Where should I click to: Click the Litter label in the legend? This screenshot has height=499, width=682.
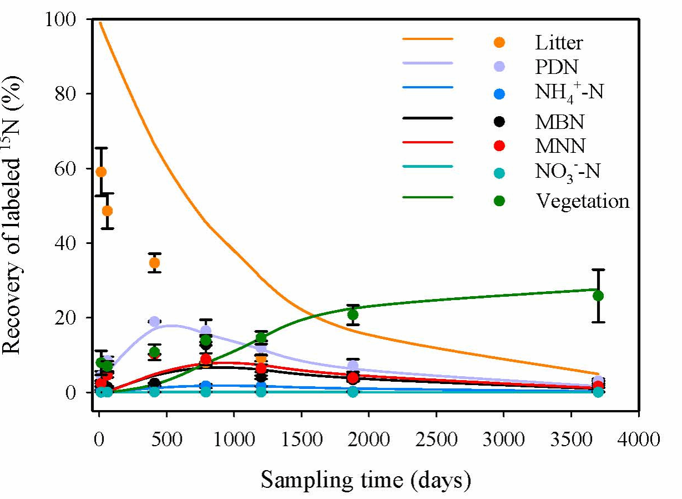(x=559, y=42)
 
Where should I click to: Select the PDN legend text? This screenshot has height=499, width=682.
(x=557, y=67)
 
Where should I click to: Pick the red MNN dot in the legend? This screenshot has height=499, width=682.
(x=499, y=146)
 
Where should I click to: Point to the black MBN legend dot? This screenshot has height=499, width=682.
(x=499, y=120)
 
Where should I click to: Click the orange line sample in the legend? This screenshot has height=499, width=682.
(x=428, y=39)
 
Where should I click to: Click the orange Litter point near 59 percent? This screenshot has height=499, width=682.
(x=101, y=172)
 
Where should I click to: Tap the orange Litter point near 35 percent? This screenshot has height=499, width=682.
(x=154, y=262)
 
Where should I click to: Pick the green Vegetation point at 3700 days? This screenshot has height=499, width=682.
(x=598, y=296)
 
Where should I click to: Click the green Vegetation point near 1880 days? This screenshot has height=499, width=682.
(x=353, y=315)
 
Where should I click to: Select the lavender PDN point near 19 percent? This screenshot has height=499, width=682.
(x=154, y=322)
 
